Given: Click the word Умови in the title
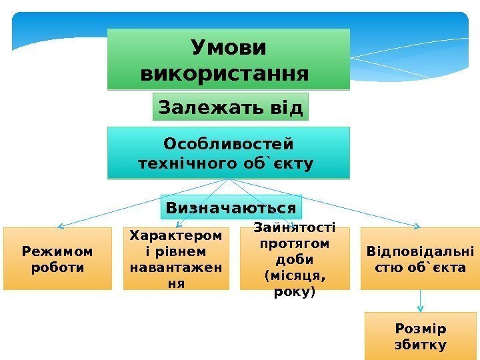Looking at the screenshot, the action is click(x=228, y=48).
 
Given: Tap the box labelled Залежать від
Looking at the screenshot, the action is click(x=231, y=107).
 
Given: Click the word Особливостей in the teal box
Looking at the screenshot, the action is click(x=229, y=144).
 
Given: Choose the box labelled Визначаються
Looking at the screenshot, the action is click(x=231, y=207).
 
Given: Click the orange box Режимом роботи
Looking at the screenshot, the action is click(x=57, y=259).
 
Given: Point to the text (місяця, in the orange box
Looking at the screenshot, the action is click(x=294, y=276).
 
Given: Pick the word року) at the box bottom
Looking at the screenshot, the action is click(x=294, y=292).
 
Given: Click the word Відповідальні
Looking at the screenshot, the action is click(x=421, y=251).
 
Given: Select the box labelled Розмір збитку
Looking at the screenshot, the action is click(x=421, y=337).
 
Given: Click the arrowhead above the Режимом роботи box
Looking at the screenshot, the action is click(x=59, y=225).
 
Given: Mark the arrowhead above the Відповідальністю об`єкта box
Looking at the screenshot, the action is click(x=419, y=225).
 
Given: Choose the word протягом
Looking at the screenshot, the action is click(x=295, y=244).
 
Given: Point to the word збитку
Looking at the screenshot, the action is click(x=421, y=345).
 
